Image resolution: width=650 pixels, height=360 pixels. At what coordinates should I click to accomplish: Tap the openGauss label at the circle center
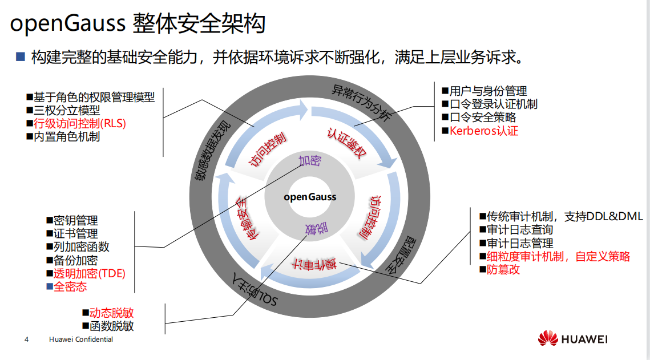pyautogui.click(x=310, y=197)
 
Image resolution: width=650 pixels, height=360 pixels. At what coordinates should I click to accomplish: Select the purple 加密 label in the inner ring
pyautogui.click(x=310, y=160)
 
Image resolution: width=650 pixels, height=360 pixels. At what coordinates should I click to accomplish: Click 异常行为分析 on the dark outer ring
pyautogui.click(x=361, y=102)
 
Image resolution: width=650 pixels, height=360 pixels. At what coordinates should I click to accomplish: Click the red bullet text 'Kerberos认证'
pyautogui.click(x=483, y=131)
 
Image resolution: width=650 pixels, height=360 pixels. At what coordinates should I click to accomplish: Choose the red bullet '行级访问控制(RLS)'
pyautogui.click(x=79, y=123)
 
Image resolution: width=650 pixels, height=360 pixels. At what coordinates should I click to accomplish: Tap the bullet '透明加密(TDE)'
pyautogui.click(x=89, y=273)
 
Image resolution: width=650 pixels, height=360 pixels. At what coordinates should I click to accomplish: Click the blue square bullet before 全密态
pyautogui.click(x=49, y=286)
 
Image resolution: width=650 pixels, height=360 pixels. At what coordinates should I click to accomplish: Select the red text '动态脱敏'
pyautogui.click(x=111, y=313)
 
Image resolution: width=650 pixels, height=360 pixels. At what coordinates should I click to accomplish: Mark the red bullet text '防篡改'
pyautogui.click(x=503, y=269)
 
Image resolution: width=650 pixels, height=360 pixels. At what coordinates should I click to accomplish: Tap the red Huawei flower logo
pyautogui.click(x=548, y=338)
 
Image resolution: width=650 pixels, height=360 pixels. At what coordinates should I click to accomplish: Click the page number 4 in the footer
pyautogui.click(x=26, y=339)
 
